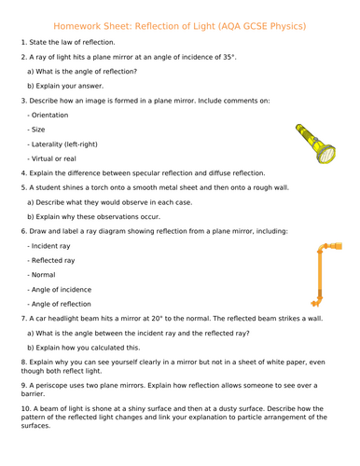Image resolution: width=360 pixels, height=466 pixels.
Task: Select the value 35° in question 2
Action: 225,57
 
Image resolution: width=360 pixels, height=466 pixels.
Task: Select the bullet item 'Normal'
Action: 45,275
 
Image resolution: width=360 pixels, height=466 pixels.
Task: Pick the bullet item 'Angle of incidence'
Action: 64,289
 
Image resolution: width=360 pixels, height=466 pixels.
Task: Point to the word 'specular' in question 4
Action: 156,172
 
